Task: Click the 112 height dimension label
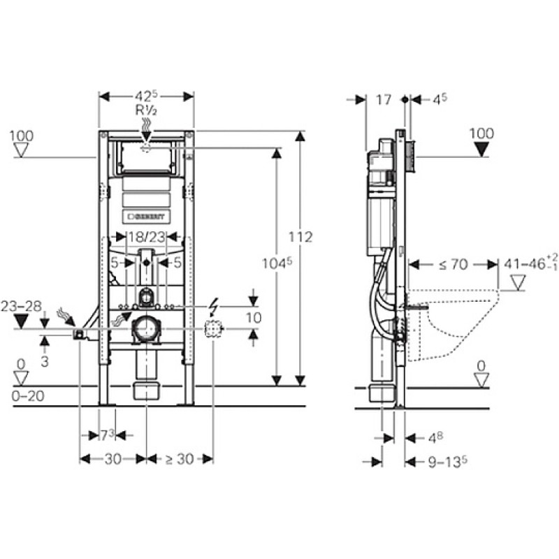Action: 300,237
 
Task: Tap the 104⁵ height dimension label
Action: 277,263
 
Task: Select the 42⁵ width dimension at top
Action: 146,96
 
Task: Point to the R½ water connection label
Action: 146,110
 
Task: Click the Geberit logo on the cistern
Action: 147,217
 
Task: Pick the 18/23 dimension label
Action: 147,236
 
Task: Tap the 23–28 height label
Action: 21,306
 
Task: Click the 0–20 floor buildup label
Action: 28,395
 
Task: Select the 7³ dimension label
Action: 107,435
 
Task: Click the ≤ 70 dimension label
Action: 453,264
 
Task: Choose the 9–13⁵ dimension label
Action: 448,462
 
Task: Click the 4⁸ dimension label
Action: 435,438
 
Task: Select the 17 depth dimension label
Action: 384,100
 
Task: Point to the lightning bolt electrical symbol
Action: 214,307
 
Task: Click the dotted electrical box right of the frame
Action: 213,329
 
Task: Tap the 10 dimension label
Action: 254,318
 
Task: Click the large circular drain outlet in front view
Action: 147,329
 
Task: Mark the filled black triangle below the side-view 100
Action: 481,149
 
